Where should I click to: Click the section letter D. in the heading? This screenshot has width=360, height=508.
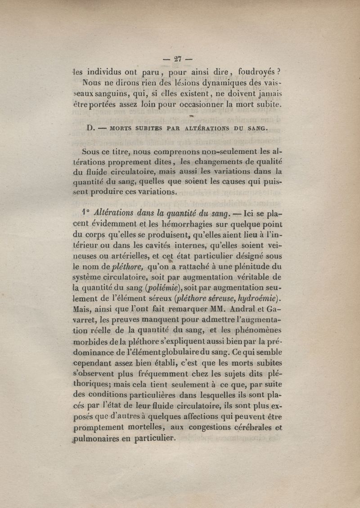pyautogui.click(x=90, y=128)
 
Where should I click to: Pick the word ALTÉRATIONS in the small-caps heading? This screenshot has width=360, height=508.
pyautogui.click(x=207, y=128)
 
